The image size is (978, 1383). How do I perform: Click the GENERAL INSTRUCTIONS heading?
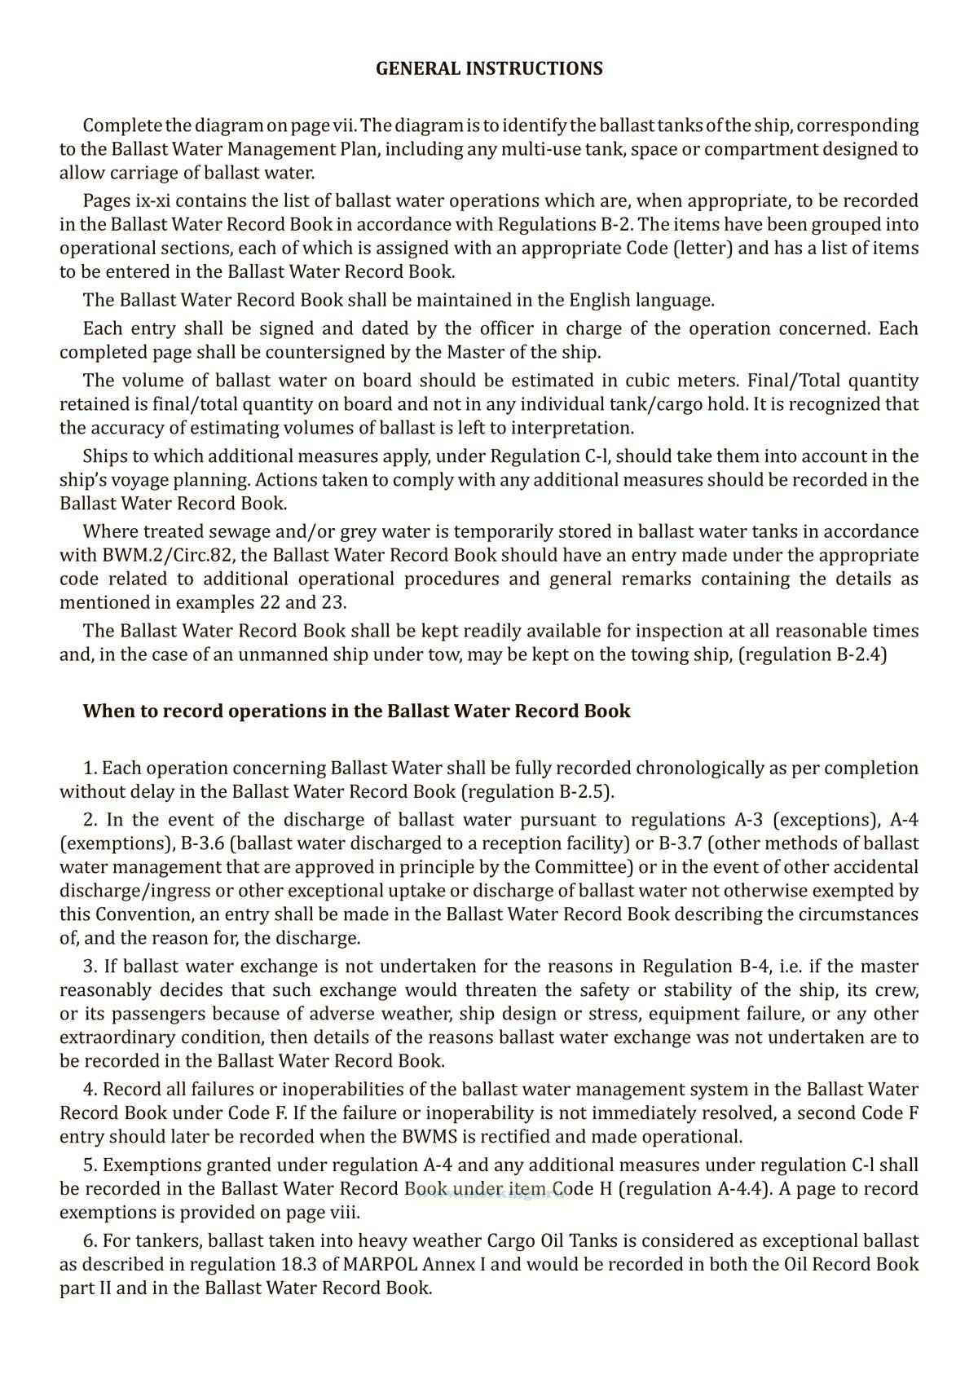[x=489, y=69]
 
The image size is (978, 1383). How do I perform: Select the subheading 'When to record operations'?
[x=356, y=711]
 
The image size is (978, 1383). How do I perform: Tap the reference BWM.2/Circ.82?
[x=155, y=556]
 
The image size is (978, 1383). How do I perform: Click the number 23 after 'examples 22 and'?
[x=334, y=603]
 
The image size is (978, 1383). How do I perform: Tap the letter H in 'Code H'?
[x=606, y=1189]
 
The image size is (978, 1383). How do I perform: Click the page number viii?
[x=342, y=1213]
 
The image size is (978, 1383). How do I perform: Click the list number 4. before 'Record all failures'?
[x=90, y=1090]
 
